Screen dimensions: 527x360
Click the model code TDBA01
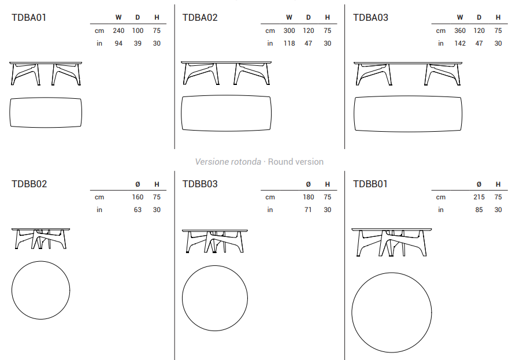coord(29,17)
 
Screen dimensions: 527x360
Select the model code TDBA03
coord(370,17)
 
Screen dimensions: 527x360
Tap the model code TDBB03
coord(200,184)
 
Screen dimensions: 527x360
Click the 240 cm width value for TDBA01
coord(118,31)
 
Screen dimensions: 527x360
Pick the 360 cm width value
coord(460,31)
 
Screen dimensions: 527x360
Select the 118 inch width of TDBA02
coord(289,43)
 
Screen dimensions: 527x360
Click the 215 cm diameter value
coord(479,197)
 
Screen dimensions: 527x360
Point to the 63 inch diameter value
coord(138,210)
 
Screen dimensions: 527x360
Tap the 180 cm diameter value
coord(308,197)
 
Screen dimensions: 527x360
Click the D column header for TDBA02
coord(308,17)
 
